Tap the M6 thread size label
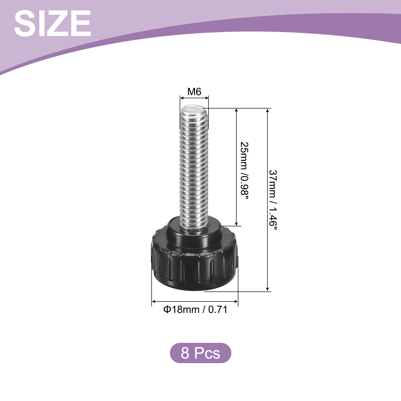tap(194, 92)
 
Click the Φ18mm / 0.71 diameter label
tap(195, 310)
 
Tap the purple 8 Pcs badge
tap(200, 353)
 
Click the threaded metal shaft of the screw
tap(194, 165)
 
